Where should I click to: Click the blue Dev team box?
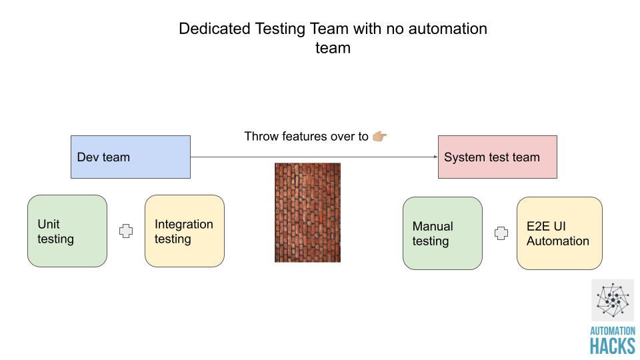coord(131,157)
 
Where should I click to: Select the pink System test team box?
coord(497,157)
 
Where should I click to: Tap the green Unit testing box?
coord(67,231)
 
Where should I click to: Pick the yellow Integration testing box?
coord(184,231)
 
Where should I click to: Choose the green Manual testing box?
coord(442,233)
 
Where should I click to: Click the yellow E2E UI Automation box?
coord(559,233)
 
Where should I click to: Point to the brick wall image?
coord(307,212)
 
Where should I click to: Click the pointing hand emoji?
coord(379,137)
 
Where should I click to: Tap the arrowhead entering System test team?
coord(434,157)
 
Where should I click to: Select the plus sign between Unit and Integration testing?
coord(125,231)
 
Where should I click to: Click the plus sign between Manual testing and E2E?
coord(500,233)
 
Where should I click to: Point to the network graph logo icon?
coord(612,300)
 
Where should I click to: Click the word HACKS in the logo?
coord(612,345)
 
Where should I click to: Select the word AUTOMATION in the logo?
coord(612,331)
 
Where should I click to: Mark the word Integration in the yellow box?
coord(184,224)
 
